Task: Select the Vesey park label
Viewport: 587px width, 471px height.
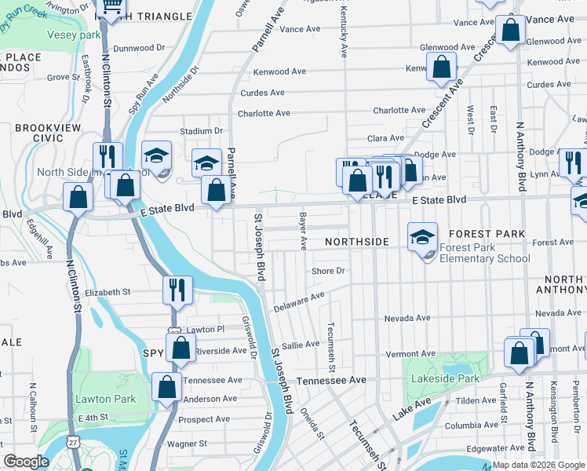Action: pyautogui.click(x=74, y=35)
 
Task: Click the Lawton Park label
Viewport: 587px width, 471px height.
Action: pyautogui.click(x=105, y=399)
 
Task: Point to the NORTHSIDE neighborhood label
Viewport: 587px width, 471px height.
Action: pyautogui.click(x=357, y=242)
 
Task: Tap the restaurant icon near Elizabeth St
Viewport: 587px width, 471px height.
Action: pyautogui.click(x=178, y=290)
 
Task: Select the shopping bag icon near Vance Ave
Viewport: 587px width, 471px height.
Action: pyautogui.click(x=510, y=31)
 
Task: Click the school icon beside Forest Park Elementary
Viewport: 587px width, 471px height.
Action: pyautogui.click(x=422, y=236)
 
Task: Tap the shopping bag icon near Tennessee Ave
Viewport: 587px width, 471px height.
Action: pyautogui.click(x=167, y=387)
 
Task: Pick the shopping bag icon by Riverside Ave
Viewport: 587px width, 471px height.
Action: pyautogui.click(x=180, y=350)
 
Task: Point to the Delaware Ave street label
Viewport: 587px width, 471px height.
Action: pyautogui.click(x=299, y=302)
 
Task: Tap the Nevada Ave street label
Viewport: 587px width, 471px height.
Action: pyautogui.click(x=407, y=318)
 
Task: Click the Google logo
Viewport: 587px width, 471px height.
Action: pyautogui.click(x=26, y=462)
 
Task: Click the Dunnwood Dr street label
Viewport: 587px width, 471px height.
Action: pyautogui.click(x=139, y=48)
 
